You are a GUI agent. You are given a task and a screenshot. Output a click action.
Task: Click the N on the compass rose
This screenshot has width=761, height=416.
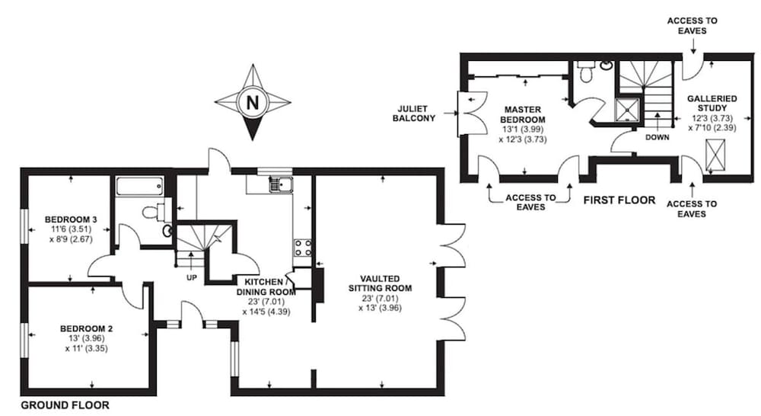pyautogui.click(x=253, y=103)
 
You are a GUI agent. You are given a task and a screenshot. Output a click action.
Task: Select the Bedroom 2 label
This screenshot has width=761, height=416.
pyautogui.click(x=87, y=328)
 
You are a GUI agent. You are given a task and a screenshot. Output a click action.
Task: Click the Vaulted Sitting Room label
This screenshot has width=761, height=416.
pyautogui.click(x=380, y=283)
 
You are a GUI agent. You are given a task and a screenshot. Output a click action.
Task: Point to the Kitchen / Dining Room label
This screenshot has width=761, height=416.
pyautogui.click(x=266, y=286)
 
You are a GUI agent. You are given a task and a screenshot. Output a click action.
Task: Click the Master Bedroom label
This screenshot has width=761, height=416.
pyautogui.click(x=523, y=115)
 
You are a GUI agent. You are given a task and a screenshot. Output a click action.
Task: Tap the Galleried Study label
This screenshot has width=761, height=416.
pyautogui.click(x=712, y=103)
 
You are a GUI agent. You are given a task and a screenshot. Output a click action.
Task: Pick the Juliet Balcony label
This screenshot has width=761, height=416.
pyautogui.click(x=413, y=114)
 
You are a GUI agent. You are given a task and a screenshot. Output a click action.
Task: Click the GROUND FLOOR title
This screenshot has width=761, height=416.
pyautogui.click(x=65, y=405)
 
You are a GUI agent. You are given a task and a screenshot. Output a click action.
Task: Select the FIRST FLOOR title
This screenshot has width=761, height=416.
pyautogui.click(x=619, y=200)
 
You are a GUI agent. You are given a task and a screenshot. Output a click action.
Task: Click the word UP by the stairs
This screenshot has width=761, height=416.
pyautogui.click(x=192, y=277)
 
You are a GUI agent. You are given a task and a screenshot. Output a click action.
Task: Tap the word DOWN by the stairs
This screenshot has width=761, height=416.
pyautogui.click(x=658, y=138)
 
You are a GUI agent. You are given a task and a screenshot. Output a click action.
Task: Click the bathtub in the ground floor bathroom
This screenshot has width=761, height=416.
pyautogui.click(x=140, y=186)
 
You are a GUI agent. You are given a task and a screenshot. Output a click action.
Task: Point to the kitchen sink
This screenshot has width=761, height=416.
pyautogui.click(x=281, y=184)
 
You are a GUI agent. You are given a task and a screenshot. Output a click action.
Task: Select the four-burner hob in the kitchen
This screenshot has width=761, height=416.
pyautogui.click(x=302, y=248)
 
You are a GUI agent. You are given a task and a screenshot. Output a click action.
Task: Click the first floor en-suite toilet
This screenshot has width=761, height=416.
pyautogui.click(x=586, y=72)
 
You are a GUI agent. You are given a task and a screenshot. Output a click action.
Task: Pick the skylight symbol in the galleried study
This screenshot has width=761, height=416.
pyautogui.click(x=715, y=154)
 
